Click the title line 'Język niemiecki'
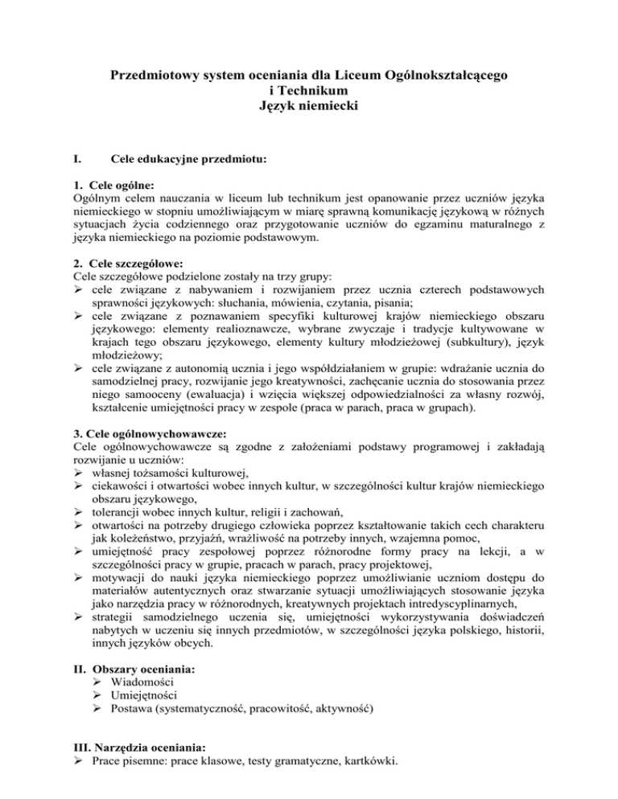pos(308,104)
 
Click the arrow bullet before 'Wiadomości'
pos(99,680)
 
